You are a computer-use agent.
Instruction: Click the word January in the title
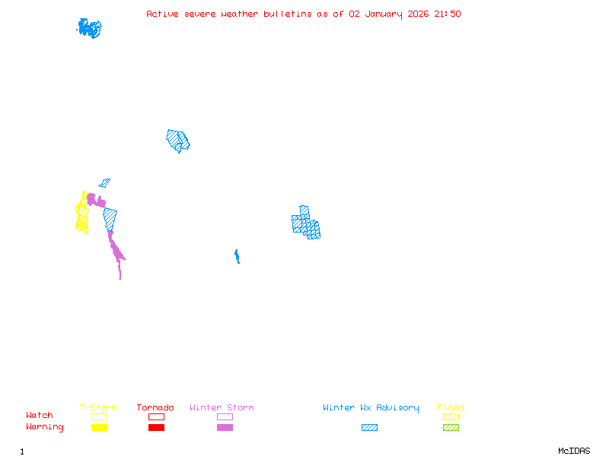click(x=381, y=14)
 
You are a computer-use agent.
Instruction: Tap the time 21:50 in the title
click(x=448, y=14)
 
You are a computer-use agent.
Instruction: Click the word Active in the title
click(x=163, y=14)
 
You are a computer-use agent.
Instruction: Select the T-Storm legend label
click(x=98, y=408)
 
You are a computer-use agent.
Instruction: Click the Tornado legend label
click(x=155, y=408)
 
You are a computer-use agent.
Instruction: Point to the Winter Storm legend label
click(x=222, y=408)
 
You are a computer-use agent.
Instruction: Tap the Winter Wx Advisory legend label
click(x=371, y=408)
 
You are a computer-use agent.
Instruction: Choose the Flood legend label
click(x=451, y=408)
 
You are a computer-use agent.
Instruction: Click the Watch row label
click(x=40, y=416)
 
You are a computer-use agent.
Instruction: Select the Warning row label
click(x=45, y=427)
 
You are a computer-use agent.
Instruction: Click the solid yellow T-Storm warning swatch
click(x=99, y=428)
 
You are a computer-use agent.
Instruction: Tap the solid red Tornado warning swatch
click(x=156, y=428)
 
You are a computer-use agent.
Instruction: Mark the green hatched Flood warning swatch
click(x=451, y=428)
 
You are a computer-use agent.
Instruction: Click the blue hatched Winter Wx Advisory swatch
click(x=369, y=428)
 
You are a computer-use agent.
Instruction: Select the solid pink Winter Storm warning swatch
click(x=225, y=428)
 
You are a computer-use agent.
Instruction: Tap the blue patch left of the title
click(x=89, y=28)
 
